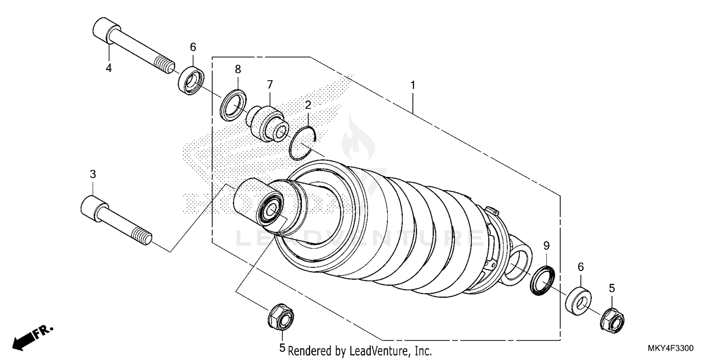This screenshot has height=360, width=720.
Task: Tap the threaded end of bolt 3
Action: pos(144,237)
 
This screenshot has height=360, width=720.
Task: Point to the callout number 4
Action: pos(109,68)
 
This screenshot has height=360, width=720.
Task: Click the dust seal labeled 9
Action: pos(542,280)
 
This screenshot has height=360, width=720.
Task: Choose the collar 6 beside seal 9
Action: pos(579,300)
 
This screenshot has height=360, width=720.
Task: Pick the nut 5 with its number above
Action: pos(612,319)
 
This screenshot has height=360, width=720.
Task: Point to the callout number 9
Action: pos(546,246)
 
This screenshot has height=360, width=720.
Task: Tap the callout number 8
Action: pos(238,69)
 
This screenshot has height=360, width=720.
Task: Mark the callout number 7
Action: pos(270,84)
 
